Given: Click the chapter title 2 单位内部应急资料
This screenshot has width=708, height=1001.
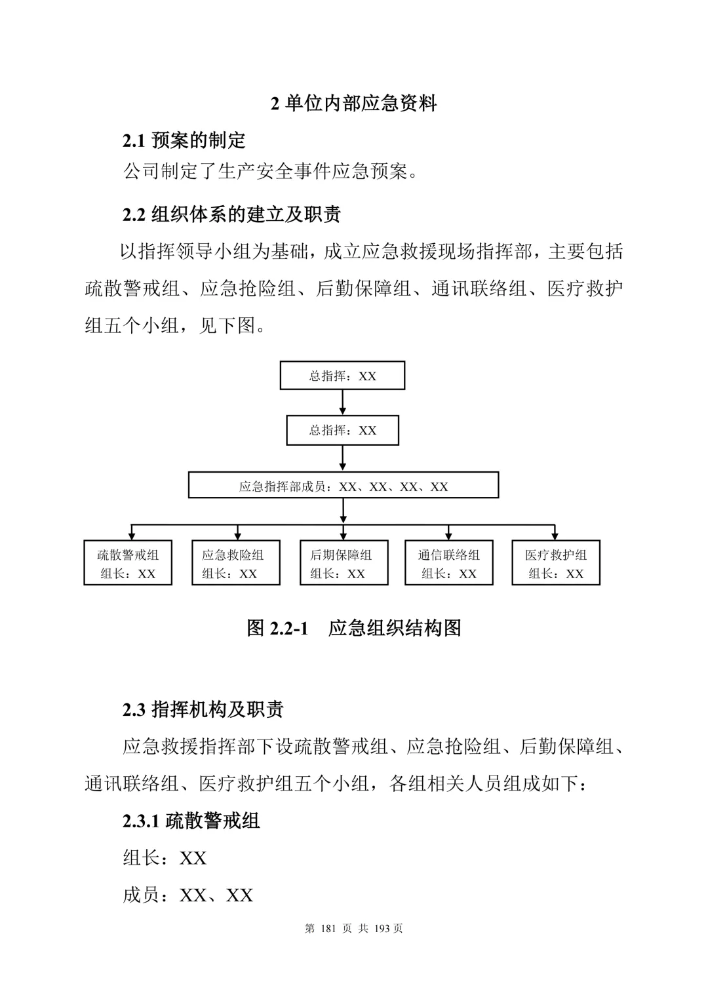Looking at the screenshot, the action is point(353,104).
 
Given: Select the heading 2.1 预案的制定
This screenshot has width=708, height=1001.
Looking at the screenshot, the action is point(184,140).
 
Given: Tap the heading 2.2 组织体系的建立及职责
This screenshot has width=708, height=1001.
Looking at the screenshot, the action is point(231,214).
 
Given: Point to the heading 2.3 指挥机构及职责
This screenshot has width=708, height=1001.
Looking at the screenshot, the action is point(203,709).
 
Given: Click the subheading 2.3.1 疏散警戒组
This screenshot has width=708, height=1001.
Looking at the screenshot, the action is point(191,821).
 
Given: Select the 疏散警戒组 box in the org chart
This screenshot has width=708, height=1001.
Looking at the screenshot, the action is point(128,562).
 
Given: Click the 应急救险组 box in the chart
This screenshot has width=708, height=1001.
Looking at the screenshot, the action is point(236,562).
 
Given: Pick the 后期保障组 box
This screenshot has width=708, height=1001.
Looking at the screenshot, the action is point(344,562).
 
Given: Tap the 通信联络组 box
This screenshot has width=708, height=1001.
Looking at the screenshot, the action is point(449,562).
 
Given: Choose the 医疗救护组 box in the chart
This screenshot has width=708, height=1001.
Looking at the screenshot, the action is point(556,562).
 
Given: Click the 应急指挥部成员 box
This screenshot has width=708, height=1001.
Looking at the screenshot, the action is point(344,485).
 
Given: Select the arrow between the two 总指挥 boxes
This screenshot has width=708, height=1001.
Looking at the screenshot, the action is point(343,402).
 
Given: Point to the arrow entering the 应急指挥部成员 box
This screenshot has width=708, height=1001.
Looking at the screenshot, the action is point(343,458).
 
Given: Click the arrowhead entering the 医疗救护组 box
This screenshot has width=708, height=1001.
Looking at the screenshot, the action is point(555,536).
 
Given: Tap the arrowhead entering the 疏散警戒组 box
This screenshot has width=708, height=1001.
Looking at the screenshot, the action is point(131,536).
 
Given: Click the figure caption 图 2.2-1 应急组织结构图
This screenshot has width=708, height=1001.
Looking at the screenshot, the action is point(354,628).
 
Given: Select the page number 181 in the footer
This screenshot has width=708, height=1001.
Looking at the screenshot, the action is point(328,929).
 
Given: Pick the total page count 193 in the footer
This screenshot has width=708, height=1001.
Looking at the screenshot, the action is point(382,929).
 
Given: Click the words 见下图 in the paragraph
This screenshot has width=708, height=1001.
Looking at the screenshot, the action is point(227,325).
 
